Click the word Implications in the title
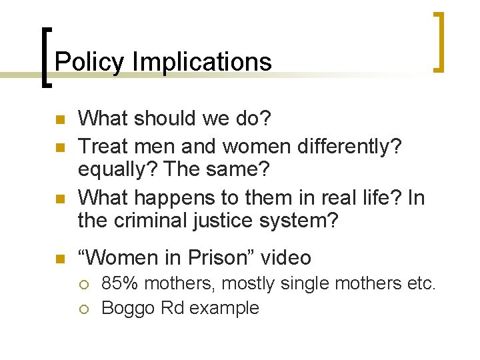click(202, 62)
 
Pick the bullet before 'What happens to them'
click(59, 199)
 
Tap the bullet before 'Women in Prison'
click(59, 259)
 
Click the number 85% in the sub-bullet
click(119, 284)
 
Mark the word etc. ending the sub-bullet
click(421, 284)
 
